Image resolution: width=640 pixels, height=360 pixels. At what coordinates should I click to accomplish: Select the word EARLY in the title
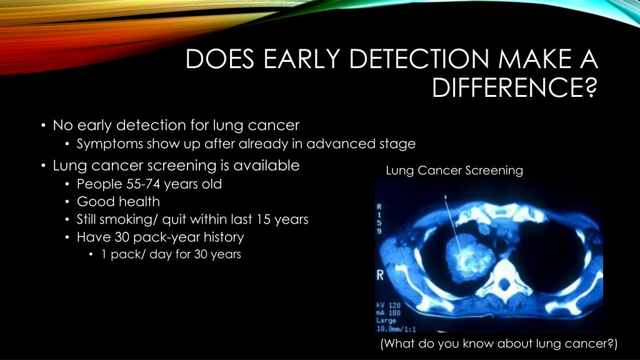pos(299,60)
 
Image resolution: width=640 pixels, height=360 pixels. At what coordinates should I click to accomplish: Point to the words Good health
pos(118,202)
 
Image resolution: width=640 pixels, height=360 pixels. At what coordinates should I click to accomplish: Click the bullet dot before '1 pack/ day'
pos(91,255)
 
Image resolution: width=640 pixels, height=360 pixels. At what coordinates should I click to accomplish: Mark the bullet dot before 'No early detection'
pos(43,126)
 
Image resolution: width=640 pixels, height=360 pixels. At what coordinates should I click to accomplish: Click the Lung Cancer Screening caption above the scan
pos(454,170)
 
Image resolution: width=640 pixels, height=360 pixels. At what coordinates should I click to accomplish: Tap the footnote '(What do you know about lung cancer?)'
pos(499,344)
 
